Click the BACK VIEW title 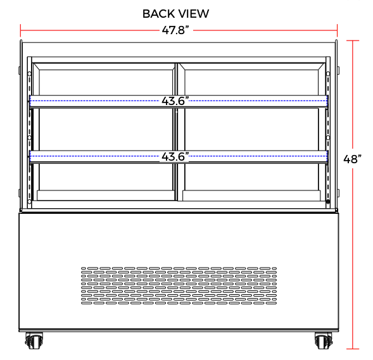click(175, 14)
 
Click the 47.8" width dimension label click(175, 30)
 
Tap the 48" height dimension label click(352, 159)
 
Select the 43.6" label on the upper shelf click(175, 101)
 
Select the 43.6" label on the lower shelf click(175, 156)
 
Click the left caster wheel click(34, 340)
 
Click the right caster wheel click(324, 340)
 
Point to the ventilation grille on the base click(179, 285)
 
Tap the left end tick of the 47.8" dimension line click(21, 30)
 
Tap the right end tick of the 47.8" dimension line click(337, 30)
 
